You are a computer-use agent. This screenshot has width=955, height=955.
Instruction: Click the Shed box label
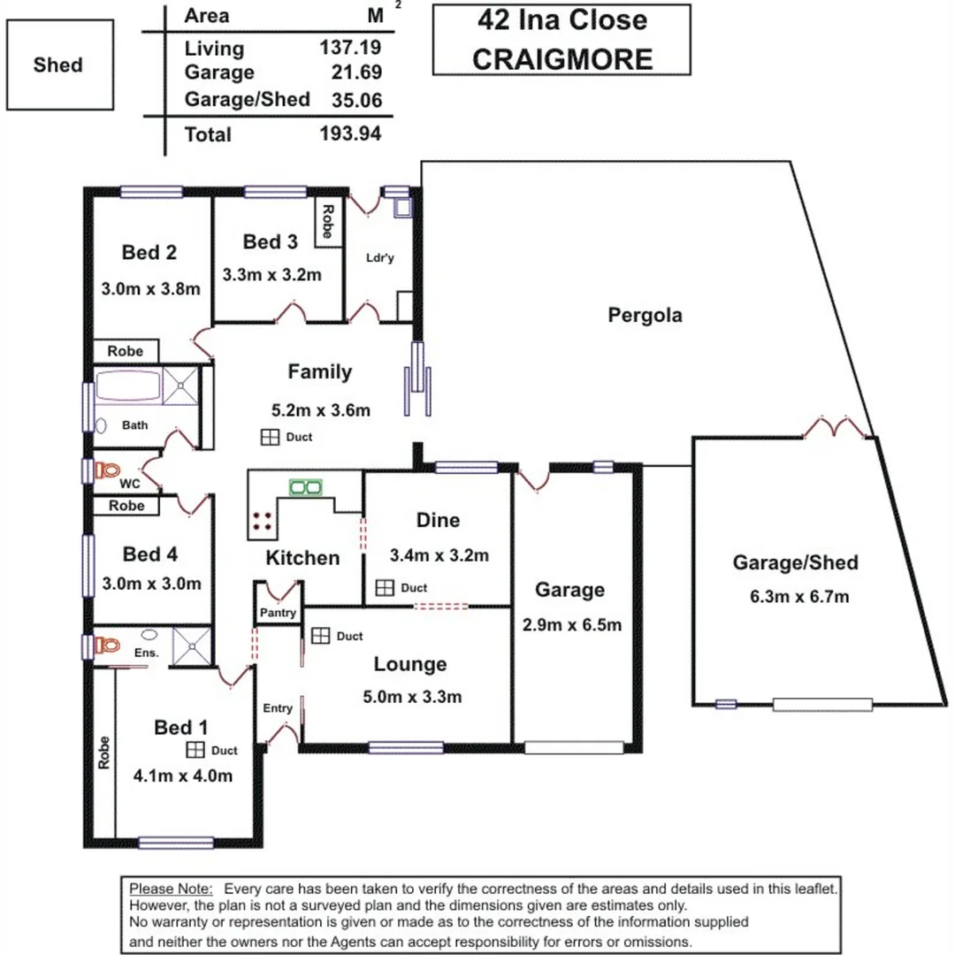point(58,65)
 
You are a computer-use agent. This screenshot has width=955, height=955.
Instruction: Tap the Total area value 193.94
point(351,134)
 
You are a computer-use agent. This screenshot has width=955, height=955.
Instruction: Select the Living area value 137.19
point(351,49)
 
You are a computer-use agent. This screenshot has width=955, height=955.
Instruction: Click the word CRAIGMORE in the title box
point(562,58)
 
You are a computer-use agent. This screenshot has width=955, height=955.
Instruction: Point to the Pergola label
point(645,315)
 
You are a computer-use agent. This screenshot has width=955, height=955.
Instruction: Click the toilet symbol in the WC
point(107,470)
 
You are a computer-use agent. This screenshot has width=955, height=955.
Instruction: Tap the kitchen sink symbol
point(306,486)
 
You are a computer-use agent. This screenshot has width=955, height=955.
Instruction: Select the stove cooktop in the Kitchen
point(262,520)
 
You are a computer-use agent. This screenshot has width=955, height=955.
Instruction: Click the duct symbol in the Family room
point(270,437)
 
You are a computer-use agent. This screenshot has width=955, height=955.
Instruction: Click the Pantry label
point(278,613)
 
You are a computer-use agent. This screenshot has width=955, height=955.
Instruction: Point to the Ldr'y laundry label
point(379,258)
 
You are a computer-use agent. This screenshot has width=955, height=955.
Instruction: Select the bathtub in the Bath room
point(128,387)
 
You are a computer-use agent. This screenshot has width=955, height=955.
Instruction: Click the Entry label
point(278,708)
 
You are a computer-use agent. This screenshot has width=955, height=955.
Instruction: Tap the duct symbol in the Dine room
point(385,587)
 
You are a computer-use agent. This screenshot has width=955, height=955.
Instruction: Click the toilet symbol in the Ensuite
point(106,645)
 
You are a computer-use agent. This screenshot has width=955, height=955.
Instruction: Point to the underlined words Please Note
point(171,889)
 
